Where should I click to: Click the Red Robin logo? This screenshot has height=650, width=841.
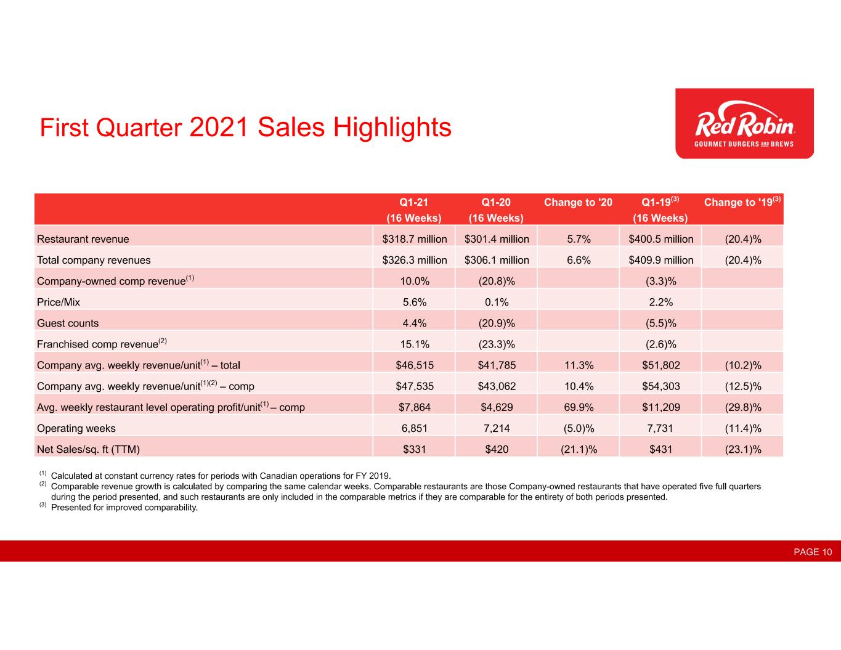[x=744, y=123]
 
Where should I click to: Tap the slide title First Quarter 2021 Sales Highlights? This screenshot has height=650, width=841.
[x=245, y=127]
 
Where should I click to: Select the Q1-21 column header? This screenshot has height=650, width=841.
[x=414, y=210]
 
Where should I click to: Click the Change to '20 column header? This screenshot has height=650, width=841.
[x=578, y=202]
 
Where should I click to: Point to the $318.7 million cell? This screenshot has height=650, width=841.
[x=415, y=239]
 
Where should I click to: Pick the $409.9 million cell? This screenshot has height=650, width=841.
[x=660, y=260]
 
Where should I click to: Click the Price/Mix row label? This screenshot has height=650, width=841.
[x=59, y=302]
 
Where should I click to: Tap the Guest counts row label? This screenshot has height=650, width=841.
[x=68, y=323]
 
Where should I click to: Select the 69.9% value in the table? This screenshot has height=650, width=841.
[x=579, y=407]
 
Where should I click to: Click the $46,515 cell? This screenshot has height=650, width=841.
[x=415, y=365]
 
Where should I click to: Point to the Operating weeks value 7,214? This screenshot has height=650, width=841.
[x=497, y=428]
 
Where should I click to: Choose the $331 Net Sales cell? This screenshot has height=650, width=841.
[x=415, y=449]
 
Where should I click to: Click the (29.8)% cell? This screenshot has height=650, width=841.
[x=742, y=407]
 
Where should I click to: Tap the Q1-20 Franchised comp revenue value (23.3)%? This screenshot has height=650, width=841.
[x=497, y=344]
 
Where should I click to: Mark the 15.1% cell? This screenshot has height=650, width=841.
[x=415, y=344]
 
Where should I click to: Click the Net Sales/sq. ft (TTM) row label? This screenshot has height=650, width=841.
[x=88, y=449]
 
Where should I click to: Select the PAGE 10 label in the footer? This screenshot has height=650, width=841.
[x=813, y=552]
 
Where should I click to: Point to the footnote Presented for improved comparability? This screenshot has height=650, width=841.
[x=124, y=507]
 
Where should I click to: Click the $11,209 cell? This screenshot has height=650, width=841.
[x=660, y=407]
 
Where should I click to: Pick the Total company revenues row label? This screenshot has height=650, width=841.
[x=94, y=260]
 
